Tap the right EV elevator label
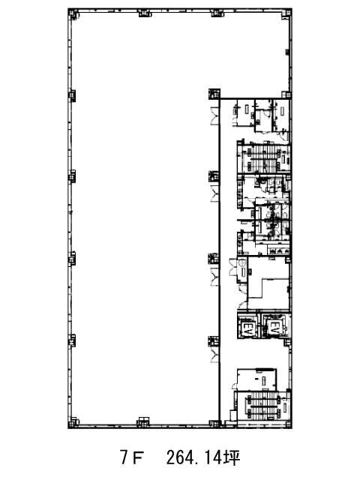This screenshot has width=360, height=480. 273,328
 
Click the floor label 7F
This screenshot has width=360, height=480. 132,458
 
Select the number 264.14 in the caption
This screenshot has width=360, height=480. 193,458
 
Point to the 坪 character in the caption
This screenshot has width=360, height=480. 232,458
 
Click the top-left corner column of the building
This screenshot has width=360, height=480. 73,13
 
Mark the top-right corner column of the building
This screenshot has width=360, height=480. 286,13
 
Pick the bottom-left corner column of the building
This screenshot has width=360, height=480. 73,422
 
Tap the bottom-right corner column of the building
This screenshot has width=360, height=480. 286,423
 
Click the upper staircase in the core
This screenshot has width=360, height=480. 263,157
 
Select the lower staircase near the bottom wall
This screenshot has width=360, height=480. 262,406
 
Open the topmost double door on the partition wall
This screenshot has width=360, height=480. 214,115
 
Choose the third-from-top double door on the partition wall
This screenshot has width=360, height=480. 214,277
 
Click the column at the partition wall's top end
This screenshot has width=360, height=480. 214,94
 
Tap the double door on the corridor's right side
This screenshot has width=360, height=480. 233,268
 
